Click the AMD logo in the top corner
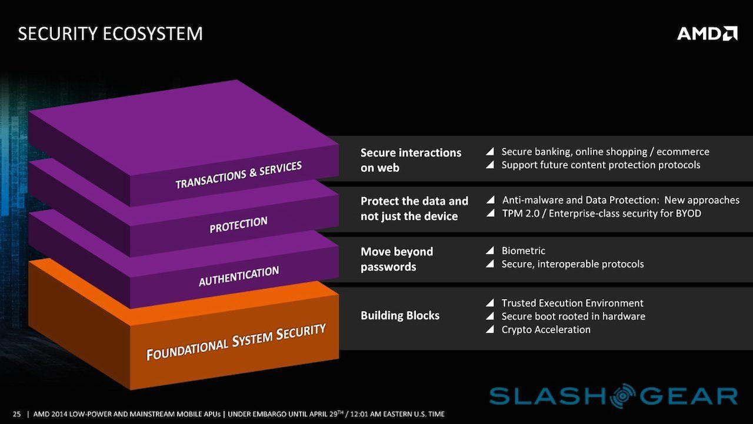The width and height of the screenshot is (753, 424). tap(707, 34)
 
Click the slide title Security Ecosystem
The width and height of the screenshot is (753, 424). tap(110, 34)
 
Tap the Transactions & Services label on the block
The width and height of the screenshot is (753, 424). tap(239, 175)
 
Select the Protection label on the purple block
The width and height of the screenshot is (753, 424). tap(238, 224)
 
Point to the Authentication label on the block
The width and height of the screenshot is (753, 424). tap(239, 276)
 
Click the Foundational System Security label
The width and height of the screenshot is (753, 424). tap(236, 342)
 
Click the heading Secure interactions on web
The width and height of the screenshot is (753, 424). tap(411, 160)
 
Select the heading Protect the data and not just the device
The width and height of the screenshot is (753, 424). tap(414, 208)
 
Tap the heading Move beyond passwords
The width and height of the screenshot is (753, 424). tap(397, 259)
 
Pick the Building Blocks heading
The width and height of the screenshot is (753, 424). tap(400, 316)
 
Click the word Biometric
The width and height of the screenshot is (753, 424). tap(524, 251)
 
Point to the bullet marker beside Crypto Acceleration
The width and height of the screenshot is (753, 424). tap(490, 329)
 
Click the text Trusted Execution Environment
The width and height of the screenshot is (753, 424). tap(572, 303)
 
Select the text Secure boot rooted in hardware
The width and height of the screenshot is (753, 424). tap(574, 316)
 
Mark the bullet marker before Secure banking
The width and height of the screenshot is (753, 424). tap(490, 151)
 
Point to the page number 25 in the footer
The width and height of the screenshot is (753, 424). tap(17, 414)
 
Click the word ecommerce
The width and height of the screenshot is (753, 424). tap(683, 152)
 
